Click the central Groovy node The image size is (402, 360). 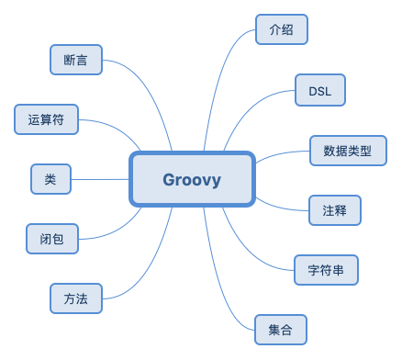coord(192,179)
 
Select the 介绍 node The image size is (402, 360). coord(280,29)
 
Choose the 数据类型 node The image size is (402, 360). coord(348,150)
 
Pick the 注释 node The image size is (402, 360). coord(334,209)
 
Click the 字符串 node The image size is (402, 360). coord(326,270)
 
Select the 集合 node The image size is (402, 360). coord(280,329)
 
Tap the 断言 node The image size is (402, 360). coord(75,61)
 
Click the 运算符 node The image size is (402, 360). coord(46,118)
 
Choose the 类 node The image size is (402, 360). coord(50,178)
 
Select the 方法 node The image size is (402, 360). coord(75,298)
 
